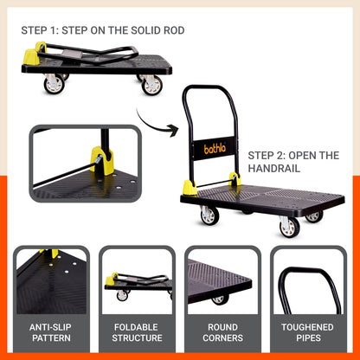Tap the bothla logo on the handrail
point(214,148)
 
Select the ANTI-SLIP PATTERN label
point(50,332)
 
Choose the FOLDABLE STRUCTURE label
point(137,332)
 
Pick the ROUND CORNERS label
point(222,332)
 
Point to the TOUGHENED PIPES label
point(309,332)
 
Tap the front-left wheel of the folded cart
point(54,85)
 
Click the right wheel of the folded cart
point(152,85)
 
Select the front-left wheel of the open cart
point(209,215)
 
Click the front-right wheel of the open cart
point(290,228)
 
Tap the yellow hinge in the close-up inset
point(103,161)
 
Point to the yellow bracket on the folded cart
point(31,58)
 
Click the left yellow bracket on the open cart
point(189,187)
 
